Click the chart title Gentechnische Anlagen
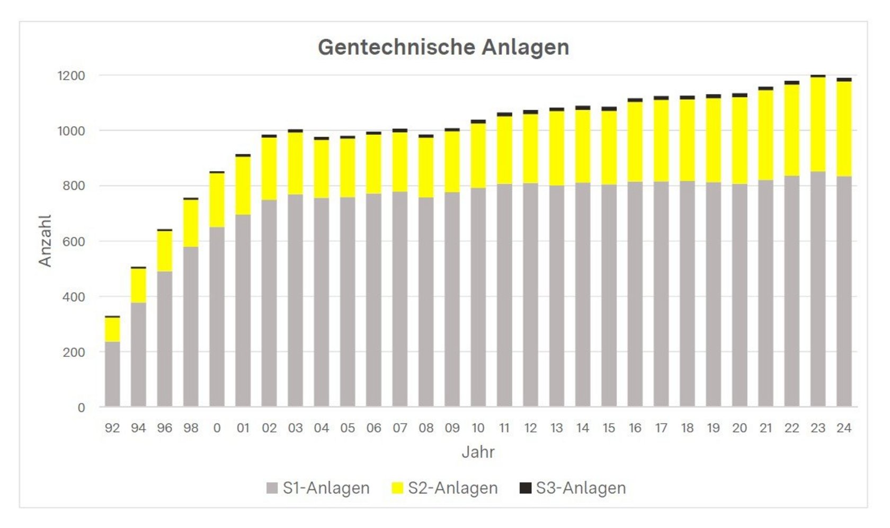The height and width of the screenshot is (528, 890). [x=443, y=47]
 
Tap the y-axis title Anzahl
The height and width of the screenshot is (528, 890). [x=46, y=241]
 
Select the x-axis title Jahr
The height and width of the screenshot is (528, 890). [x=478, y=452]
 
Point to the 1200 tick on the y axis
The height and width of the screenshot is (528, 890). [x=71, y=76]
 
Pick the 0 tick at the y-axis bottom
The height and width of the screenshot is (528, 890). [x=81, y=408]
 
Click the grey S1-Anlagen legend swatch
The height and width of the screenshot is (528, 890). [x=272, y=488]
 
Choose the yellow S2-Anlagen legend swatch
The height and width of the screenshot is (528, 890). [x=397, y=488]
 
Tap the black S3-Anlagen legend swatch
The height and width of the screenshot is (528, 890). [x=525, y=488]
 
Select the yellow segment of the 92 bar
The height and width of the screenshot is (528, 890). [x=112, y=329]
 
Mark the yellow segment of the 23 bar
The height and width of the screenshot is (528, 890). [x=818, y=125]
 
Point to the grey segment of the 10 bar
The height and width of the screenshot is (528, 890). [x=478, y=297]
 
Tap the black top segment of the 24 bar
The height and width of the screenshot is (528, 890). [x=844, y=80]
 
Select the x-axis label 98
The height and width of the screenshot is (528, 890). [x=191, y=428]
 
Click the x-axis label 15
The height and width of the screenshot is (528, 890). [x=609, y=428]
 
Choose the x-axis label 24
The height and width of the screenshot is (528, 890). [x=844, y=428]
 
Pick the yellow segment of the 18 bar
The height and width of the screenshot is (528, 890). [x=687, y=140]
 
